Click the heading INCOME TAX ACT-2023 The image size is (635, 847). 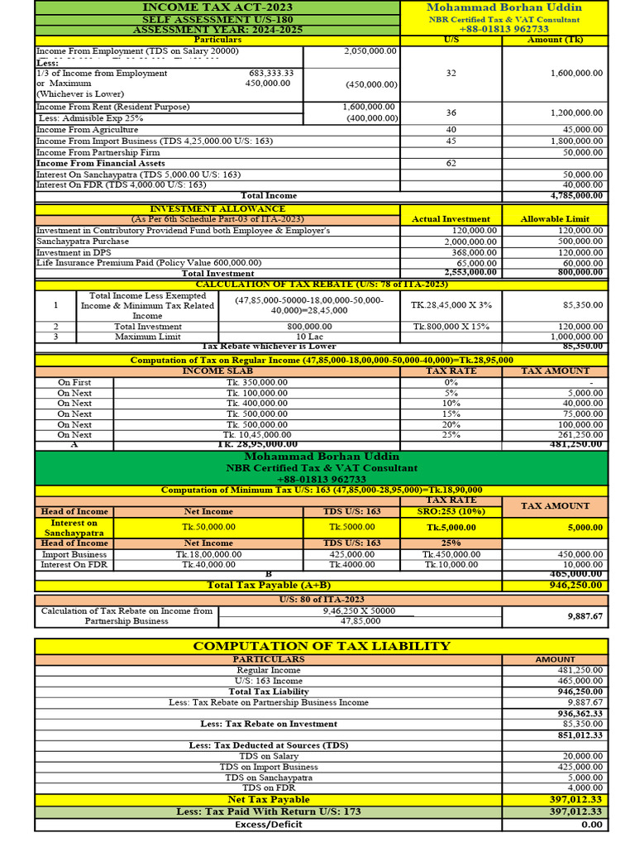[x=217, y=7]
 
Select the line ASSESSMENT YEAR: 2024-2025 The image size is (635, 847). [x=217, y=30]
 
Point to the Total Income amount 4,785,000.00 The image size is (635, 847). [x=576, y=196]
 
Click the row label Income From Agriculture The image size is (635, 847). [x=88, y=130]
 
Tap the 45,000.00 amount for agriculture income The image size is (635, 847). [x=583, y=130]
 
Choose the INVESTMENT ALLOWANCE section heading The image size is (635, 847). [x=217, y=208]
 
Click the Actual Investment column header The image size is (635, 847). [x=451, y=219]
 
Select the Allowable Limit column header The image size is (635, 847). [x=555, y=219]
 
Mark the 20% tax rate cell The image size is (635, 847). [x=451, y=424]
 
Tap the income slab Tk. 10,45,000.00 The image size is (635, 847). [x=257, y=434]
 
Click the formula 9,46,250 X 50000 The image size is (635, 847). [x=360, y=611]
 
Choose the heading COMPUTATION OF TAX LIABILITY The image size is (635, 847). [x=321, y=646]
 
